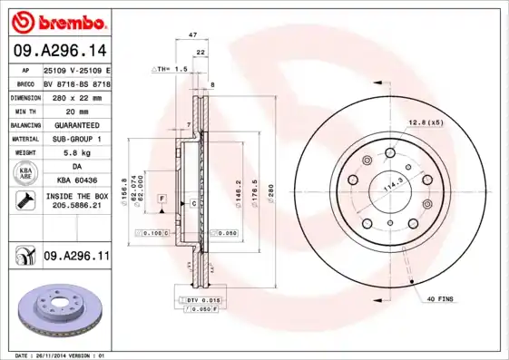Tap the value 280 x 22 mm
point(76,95)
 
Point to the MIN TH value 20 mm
point(76,110)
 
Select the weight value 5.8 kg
point(76,153)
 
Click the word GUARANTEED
point(76,124)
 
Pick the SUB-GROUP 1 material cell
point(76,139)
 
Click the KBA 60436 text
point(76,181)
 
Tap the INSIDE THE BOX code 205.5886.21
point(76,206)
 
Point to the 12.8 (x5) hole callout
point(426,122)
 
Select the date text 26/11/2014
point(56,355)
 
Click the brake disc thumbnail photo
point(55,308)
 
